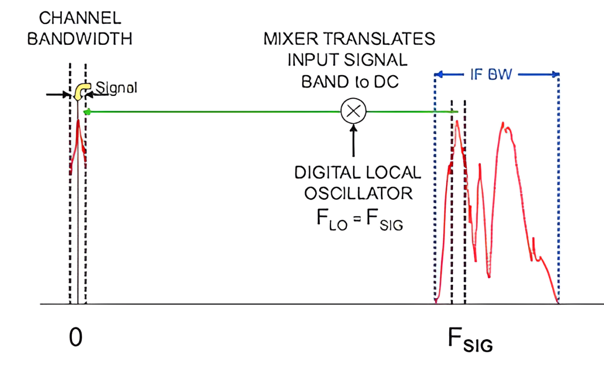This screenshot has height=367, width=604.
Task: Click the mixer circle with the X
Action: tap(353, 111)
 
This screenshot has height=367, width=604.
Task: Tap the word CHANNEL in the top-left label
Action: tap(80, 18)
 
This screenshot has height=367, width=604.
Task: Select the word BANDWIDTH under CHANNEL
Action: tap(80, 39)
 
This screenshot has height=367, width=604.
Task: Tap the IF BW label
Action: tap(496, 75)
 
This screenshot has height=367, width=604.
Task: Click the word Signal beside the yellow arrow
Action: tap(116, 88)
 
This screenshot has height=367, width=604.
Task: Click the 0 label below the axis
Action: tap(75, 338)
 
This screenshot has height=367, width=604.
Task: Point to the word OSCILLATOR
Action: tap(358, 194)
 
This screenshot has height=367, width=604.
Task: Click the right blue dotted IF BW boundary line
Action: tap(559, 189)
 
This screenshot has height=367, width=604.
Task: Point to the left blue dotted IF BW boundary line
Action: tap(435, 189)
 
